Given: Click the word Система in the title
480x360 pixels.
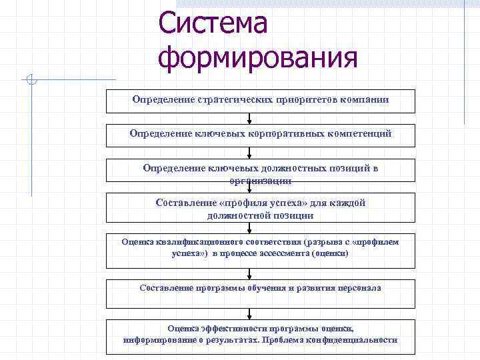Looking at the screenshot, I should coord(213,25).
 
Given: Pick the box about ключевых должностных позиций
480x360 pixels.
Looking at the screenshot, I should coord(261,173).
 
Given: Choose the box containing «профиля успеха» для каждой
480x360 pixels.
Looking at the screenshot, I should coord(261,209).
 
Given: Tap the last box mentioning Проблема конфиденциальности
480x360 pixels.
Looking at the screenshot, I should coord(261,336).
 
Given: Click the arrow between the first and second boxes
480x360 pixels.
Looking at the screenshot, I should coord(249,119).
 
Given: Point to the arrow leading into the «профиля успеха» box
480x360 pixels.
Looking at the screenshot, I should coord(249,188).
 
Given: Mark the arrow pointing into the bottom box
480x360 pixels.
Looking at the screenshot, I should coord(249,313).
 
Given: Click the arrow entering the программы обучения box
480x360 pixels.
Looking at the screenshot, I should coord(249,273).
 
